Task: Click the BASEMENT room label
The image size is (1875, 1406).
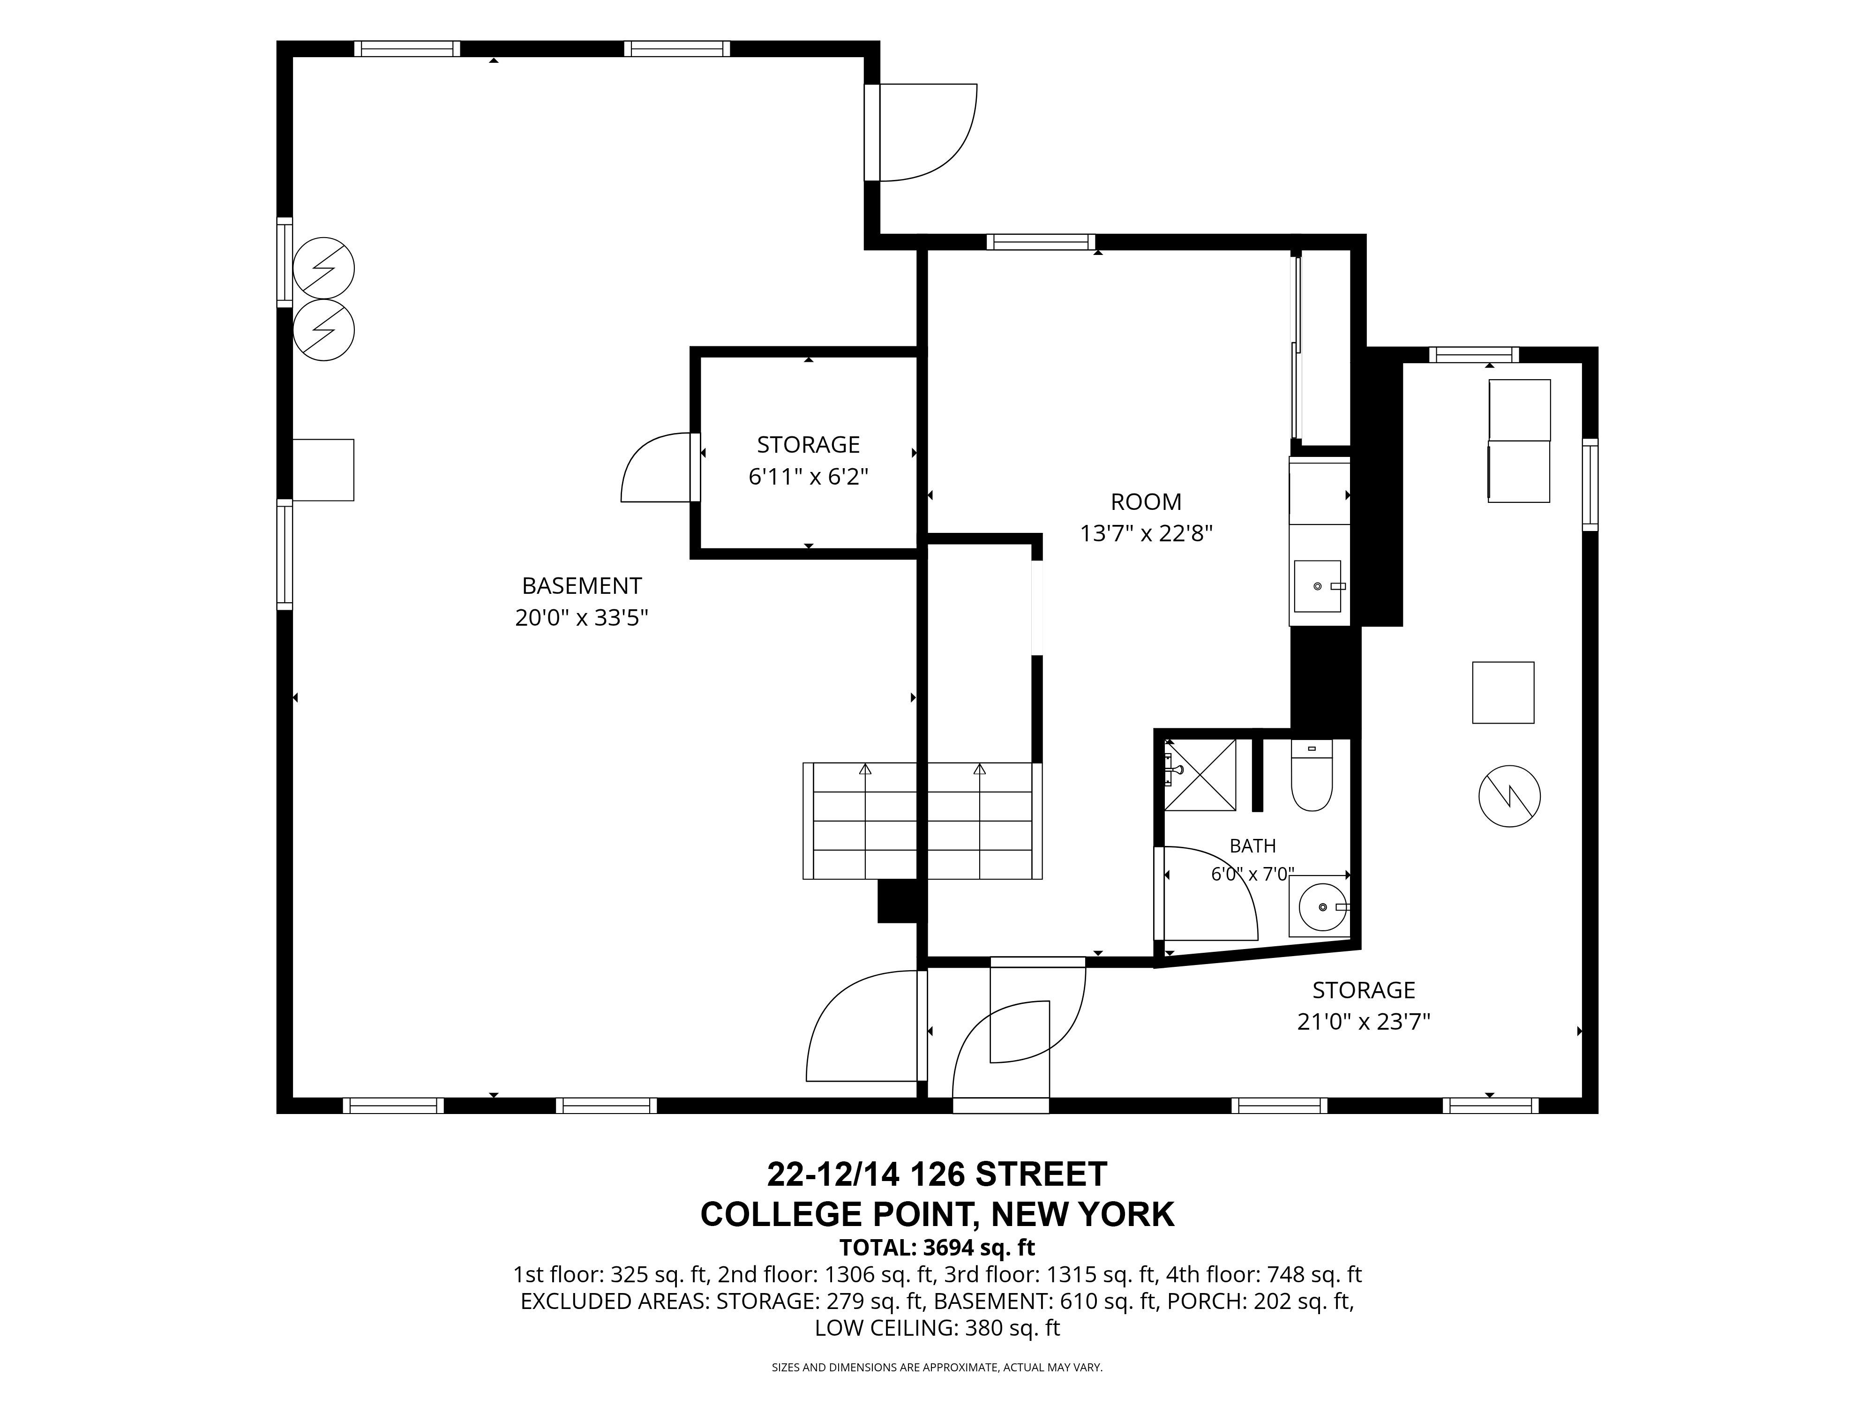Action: (582, 586)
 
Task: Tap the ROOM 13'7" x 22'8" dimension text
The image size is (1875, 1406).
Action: (1146, 533)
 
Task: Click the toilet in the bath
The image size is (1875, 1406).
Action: (1311, 775)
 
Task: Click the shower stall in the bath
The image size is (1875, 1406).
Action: (1200, 775)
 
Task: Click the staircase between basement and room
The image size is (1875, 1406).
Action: (922, 820)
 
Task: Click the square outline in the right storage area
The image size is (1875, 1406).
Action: (1503, 692)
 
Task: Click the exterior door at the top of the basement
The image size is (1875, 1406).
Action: (922, 132)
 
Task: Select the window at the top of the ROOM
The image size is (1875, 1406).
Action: (1041, 242)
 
